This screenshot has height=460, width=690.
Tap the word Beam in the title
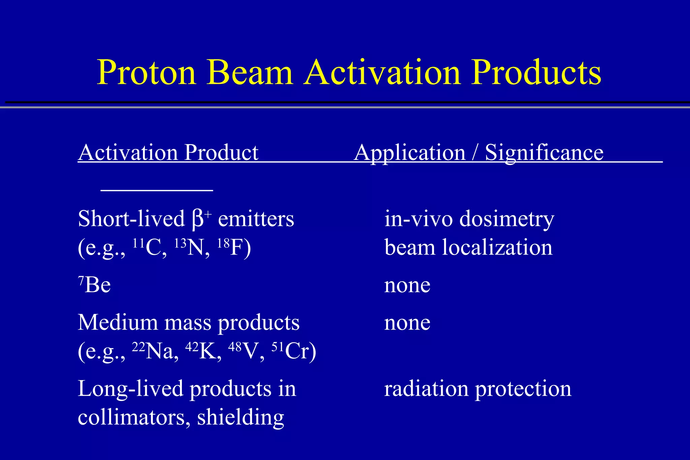tap(250, 72)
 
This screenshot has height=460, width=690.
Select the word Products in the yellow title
tap(536, 72)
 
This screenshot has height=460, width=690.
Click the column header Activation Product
tap(168, 153)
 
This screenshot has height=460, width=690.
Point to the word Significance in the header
tap(544, 153)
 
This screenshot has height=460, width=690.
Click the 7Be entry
tap(94, 285)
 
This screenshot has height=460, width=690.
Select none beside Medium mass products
tap(407, 322)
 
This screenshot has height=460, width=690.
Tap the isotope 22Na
tap(155, 351)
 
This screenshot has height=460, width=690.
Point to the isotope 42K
tap(203, 351)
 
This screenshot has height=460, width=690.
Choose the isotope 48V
tap(246, 351)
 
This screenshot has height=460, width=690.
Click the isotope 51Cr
tap(293, 351)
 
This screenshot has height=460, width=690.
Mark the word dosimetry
tap(507, 219)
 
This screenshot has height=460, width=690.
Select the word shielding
tap(241, 418)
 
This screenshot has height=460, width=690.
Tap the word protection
tap(523, 389)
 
